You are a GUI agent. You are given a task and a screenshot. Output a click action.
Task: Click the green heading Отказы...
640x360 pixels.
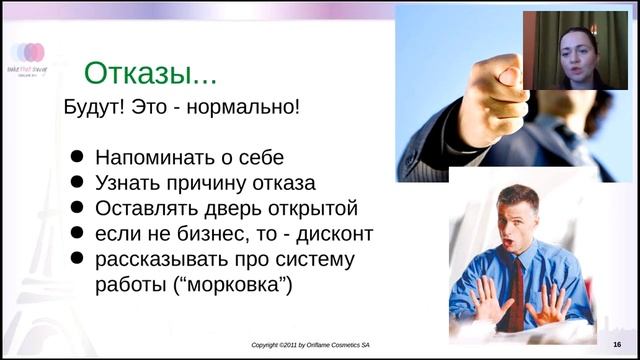tap(150, 73)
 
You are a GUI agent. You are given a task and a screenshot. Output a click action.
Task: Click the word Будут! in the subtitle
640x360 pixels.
tap(98, 107)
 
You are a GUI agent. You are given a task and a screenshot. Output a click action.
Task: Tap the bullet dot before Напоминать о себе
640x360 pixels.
tap(77, 158)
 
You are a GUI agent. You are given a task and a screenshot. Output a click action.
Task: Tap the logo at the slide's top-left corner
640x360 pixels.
tap(27, 54)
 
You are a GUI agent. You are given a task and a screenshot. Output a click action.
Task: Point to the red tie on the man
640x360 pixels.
tap(516, 290)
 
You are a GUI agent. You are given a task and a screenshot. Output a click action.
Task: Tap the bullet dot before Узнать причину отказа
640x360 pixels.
tap(77, 183)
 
